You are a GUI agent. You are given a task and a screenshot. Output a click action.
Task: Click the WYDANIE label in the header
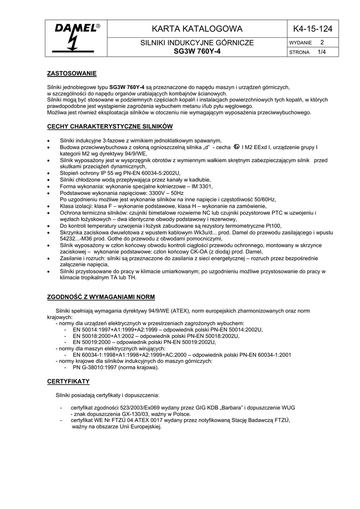[x=300, y=43]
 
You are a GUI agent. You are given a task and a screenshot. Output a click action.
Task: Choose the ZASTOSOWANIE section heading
[x=72, y=74]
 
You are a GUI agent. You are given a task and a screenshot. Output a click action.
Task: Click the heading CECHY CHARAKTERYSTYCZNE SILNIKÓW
[x=109, y=127]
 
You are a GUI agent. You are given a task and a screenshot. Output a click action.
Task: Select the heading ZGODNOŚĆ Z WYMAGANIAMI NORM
[x=101, y=297]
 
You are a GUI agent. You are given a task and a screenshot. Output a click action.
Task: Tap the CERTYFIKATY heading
[x=68, y=382]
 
